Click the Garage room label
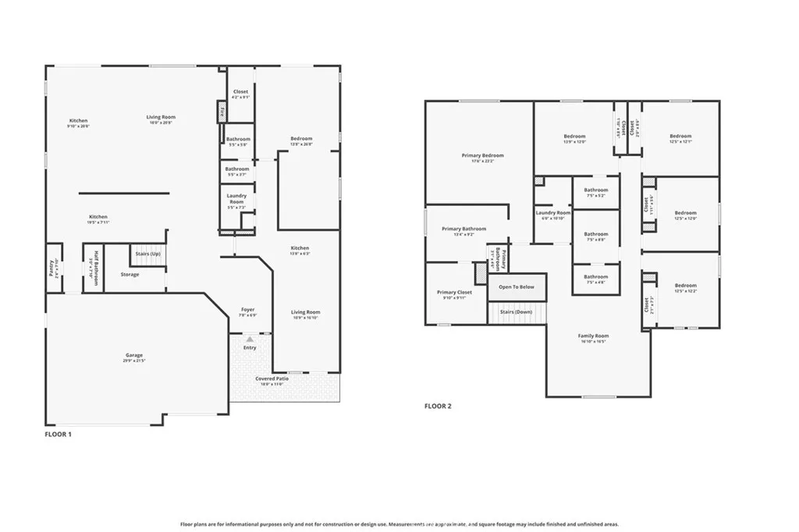[x=134, y=357]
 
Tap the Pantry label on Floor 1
[x=51, y=266]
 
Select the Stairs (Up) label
[x=147, y=254]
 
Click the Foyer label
[x=247, y=311]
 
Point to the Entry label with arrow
[x=249, y=346]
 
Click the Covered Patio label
[x=272, y=381]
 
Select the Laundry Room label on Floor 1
[x=236, y=200]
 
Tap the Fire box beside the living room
[x=221, y=112]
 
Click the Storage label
[x=130, y=275]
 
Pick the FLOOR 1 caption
[x=58, y=434]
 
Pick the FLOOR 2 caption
[x=438, y=406]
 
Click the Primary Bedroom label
[x=482, y=158]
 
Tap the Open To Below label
[x=517, y=287]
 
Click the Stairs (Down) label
[x=516, y=312]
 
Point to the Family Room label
[x=594, y=338]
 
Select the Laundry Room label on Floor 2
[x=552, y=215]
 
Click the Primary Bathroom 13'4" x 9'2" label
[x=463, y=231]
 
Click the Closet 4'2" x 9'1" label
[x=240, y=94]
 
